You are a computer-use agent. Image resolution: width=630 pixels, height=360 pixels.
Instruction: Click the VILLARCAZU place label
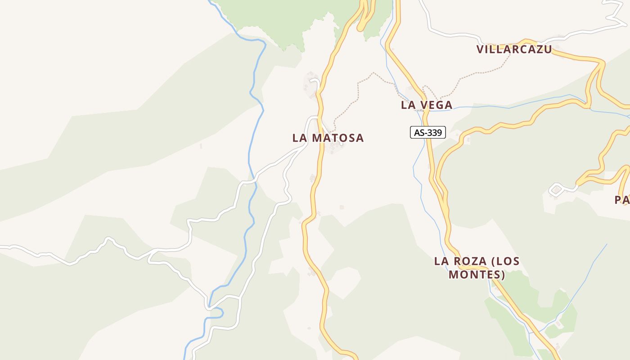coord(514,49)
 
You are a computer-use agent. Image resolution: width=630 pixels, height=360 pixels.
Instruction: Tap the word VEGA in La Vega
coord(437,105)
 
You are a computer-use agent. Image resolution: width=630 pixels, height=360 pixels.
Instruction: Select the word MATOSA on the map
coord(337,138)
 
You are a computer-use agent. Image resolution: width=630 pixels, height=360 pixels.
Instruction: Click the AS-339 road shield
coord(428,133)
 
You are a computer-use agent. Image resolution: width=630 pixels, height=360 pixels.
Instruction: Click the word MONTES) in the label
coord(477,274)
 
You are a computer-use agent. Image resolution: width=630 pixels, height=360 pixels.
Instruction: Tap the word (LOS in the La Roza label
coord(505,261)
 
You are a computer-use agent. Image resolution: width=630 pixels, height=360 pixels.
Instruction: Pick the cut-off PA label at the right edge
coord(622,200)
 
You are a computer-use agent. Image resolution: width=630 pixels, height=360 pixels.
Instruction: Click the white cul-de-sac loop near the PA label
coord(555,189)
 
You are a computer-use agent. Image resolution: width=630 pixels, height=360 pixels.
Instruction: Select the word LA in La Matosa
coord(300,138)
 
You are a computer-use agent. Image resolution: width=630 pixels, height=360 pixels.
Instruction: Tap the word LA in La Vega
coord(409,105)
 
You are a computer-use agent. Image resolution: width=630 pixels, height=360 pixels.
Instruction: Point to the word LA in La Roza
coord(442,261)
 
